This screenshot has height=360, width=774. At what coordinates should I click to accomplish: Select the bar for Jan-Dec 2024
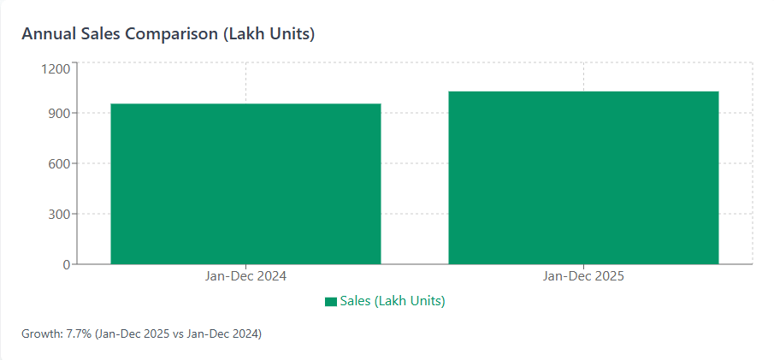pyautogui.click(x=245, y=184)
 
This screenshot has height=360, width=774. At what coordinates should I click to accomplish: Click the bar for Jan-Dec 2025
pyautogui.click(x=583, y=178)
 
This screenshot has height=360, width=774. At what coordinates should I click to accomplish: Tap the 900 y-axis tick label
pyautogui.click(x=58, y=113)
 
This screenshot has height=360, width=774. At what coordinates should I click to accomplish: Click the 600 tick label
pyautogui.click(x=58, y=163)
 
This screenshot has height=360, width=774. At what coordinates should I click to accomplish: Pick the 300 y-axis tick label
pyautogui.click(x=58, y=214)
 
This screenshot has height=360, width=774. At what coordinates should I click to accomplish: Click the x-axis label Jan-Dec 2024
pyautogui.click(x=245, y=277)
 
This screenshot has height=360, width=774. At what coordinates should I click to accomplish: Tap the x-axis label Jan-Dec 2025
pyautogui.click(x=583, y=277)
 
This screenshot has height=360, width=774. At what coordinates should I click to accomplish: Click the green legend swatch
pyautogui.click(x=330, y=302)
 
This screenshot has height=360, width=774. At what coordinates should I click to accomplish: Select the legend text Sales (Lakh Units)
pyautogui.click(x=393, y=301)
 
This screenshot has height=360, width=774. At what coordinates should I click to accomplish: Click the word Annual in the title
pyautogui.click(x=48, y=34)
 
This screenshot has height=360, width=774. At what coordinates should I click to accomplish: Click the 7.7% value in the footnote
pyautogui.click(x=79, y=333)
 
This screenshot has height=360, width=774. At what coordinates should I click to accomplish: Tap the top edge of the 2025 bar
pyautogui.click(x=583, y=91)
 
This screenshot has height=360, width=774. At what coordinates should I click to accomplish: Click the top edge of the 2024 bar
pyautogui.click(x=245, y=104)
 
